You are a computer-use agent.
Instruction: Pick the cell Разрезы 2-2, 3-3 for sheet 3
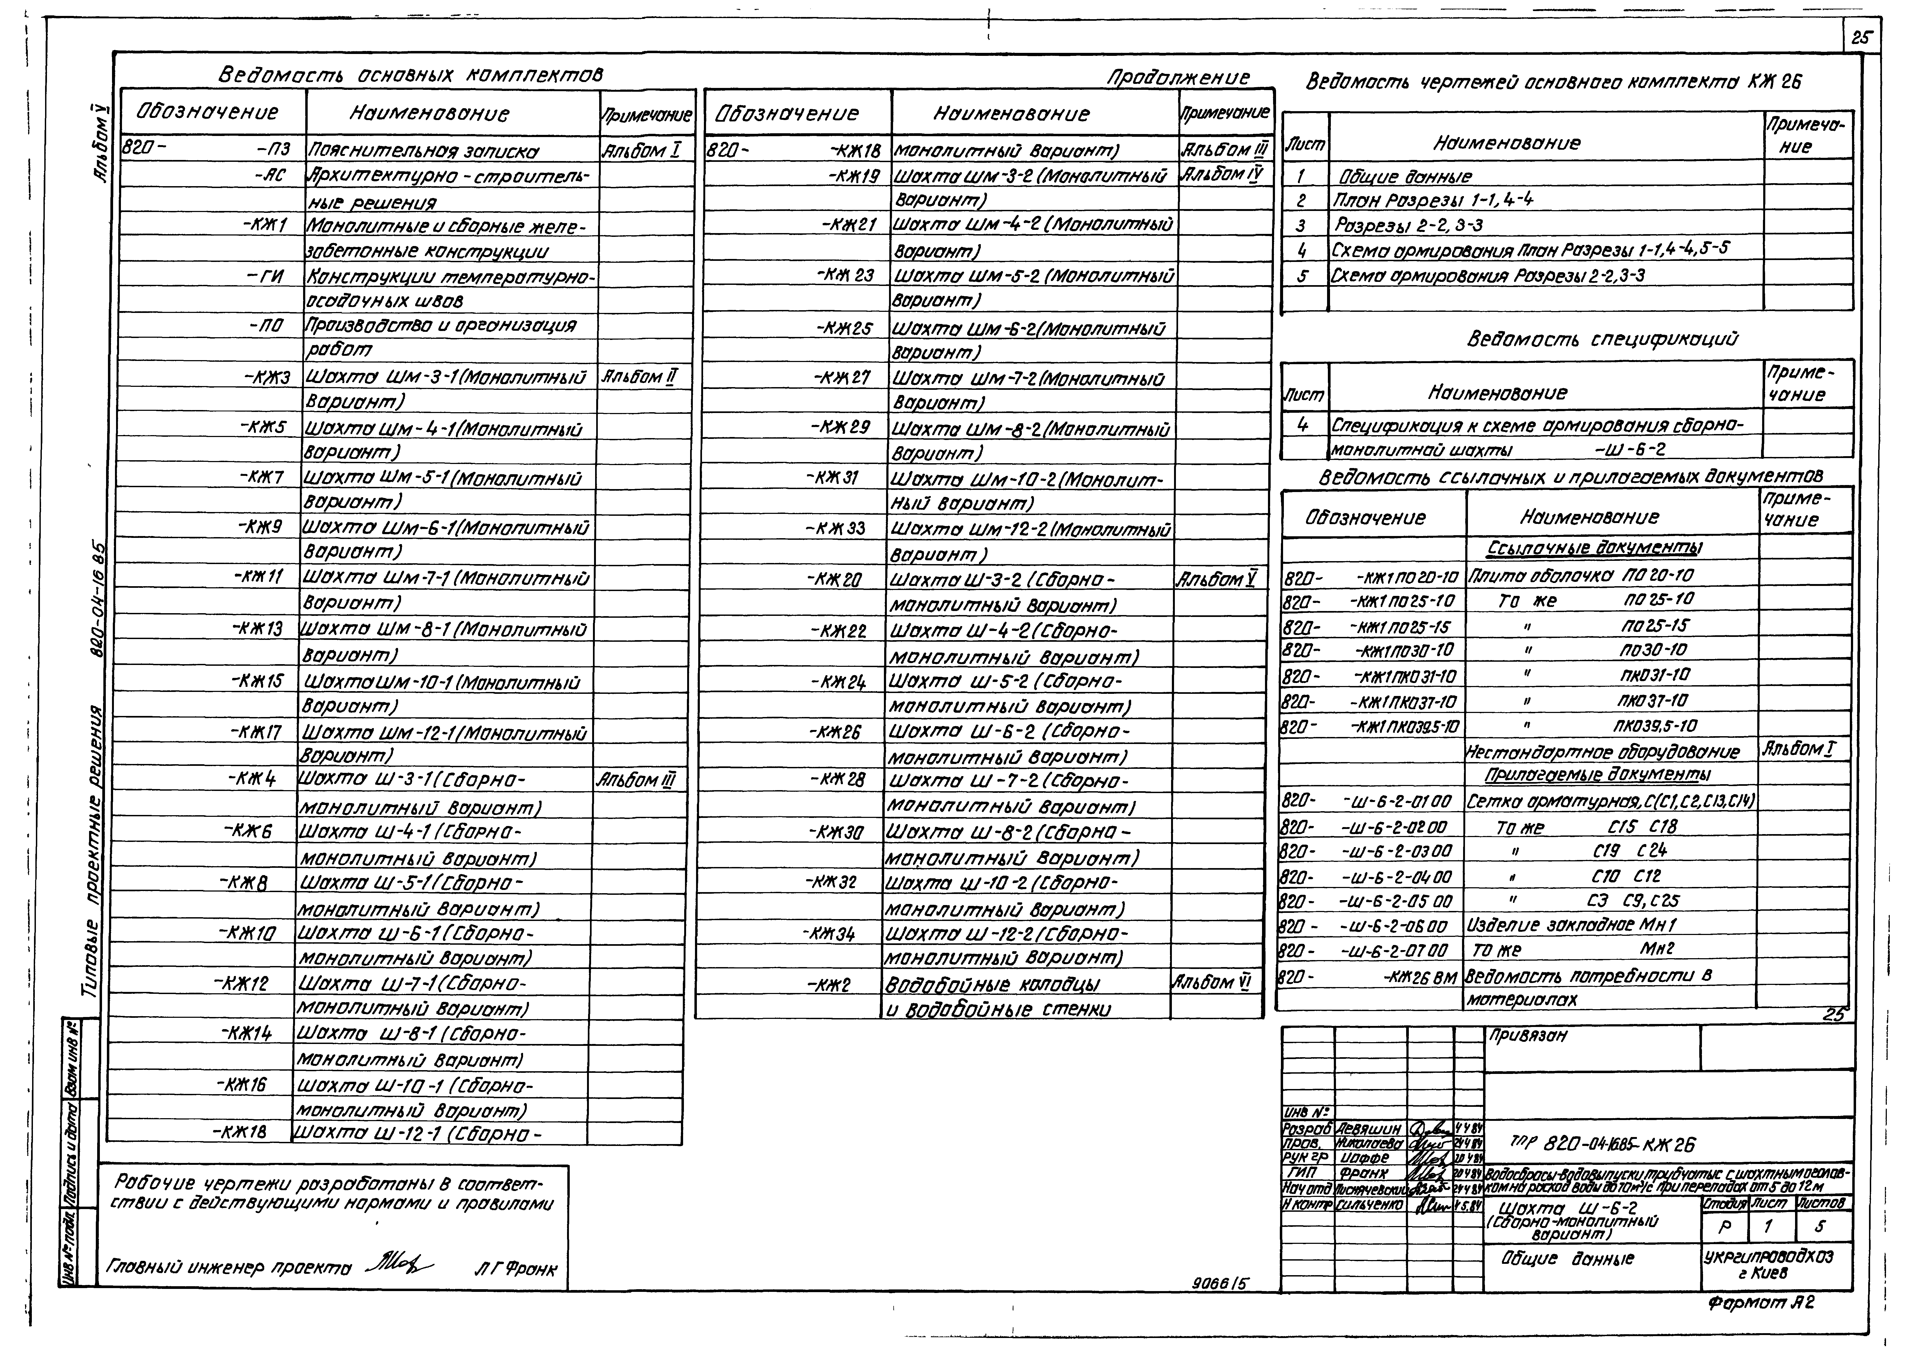(1408, 225)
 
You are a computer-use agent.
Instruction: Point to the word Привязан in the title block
(1527, 1035)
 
